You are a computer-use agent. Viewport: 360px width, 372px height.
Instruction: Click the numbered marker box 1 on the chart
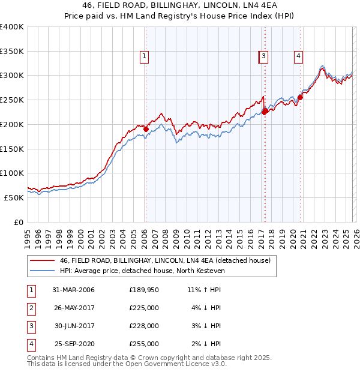pos(145,57)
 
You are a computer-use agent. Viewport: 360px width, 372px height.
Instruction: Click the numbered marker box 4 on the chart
pos(298,57)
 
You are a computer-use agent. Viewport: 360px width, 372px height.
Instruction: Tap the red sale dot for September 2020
pos(300,98)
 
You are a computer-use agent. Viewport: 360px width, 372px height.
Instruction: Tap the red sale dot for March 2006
pos(146,129)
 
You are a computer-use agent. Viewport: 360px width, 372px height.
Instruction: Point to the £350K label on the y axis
pos(12,52)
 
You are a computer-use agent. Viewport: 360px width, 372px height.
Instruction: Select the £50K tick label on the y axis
pos(14,197)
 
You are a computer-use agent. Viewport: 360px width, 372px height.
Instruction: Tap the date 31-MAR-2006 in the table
pos(73,290)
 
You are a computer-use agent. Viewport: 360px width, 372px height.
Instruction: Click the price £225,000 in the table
pos(144,308)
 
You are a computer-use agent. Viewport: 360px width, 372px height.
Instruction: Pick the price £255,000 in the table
pos(144,344)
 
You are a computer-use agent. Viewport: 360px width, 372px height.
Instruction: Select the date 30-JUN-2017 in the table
pos(73,326)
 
